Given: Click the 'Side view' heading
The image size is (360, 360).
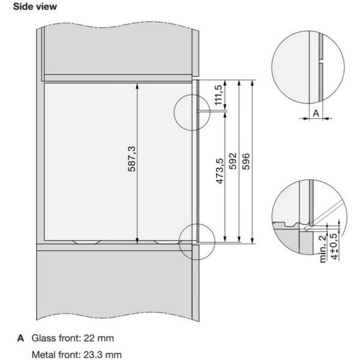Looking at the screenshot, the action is (x=35, y=7).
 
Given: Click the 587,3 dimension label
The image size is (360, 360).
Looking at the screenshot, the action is (x=132, y=159).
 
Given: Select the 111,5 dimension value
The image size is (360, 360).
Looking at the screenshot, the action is (x=218, y=95).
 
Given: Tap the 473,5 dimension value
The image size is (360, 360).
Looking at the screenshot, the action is (x=220, y=171).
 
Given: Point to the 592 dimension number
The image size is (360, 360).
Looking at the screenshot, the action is (x=233, y=161).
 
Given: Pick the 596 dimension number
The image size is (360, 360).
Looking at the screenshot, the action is (x=246, y=161).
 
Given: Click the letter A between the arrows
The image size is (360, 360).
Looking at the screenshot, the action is (x=316, y=113).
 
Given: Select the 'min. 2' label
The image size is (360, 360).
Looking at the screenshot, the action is (x=323, y=249).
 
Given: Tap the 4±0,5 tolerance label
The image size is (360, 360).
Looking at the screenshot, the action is (x=335, y=247).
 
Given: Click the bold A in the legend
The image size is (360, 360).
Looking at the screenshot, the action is (x=20, y=338).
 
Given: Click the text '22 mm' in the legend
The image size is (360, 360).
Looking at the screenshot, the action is (x=99, y=338).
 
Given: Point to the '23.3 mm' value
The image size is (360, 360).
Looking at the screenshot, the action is (x=103, y=355).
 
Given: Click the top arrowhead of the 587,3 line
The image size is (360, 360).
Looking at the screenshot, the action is (x=137, y=86).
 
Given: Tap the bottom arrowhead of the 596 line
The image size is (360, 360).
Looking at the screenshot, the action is (x=253, y=241).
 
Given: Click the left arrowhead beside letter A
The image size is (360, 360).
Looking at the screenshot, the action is (x=306, y=118).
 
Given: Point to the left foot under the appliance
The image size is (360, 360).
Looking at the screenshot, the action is (x=87, y=242).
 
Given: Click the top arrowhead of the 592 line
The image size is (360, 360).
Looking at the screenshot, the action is (x=239, y=83).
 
